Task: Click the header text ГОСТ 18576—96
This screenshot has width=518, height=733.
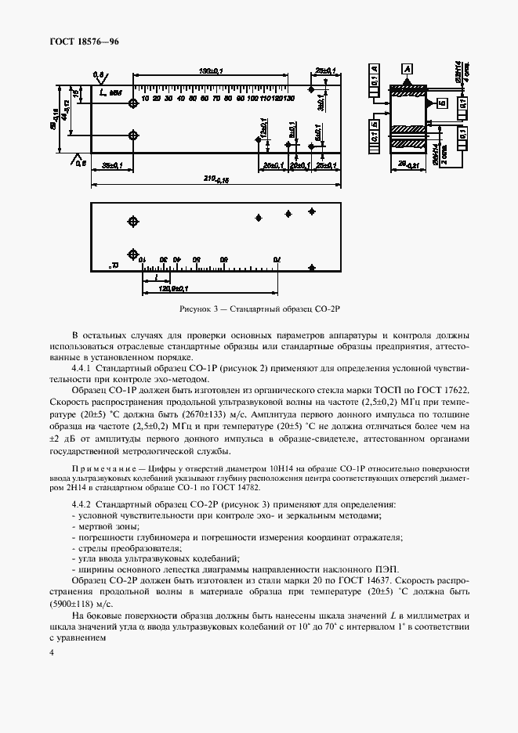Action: [86, 41]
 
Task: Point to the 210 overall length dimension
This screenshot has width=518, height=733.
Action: [207, 179]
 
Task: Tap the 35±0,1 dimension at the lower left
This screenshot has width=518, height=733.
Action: [114, 164]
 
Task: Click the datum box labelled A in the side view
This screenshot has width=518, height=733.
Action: [406, 69]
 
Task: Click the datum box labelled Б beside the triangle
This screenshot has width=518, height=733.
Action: [442, 103]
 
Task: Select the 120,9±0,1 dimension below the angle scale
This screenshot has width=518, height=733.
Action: [177, 288]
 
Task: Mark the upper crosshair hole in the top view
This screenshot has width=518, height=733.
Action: [133, 103]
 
